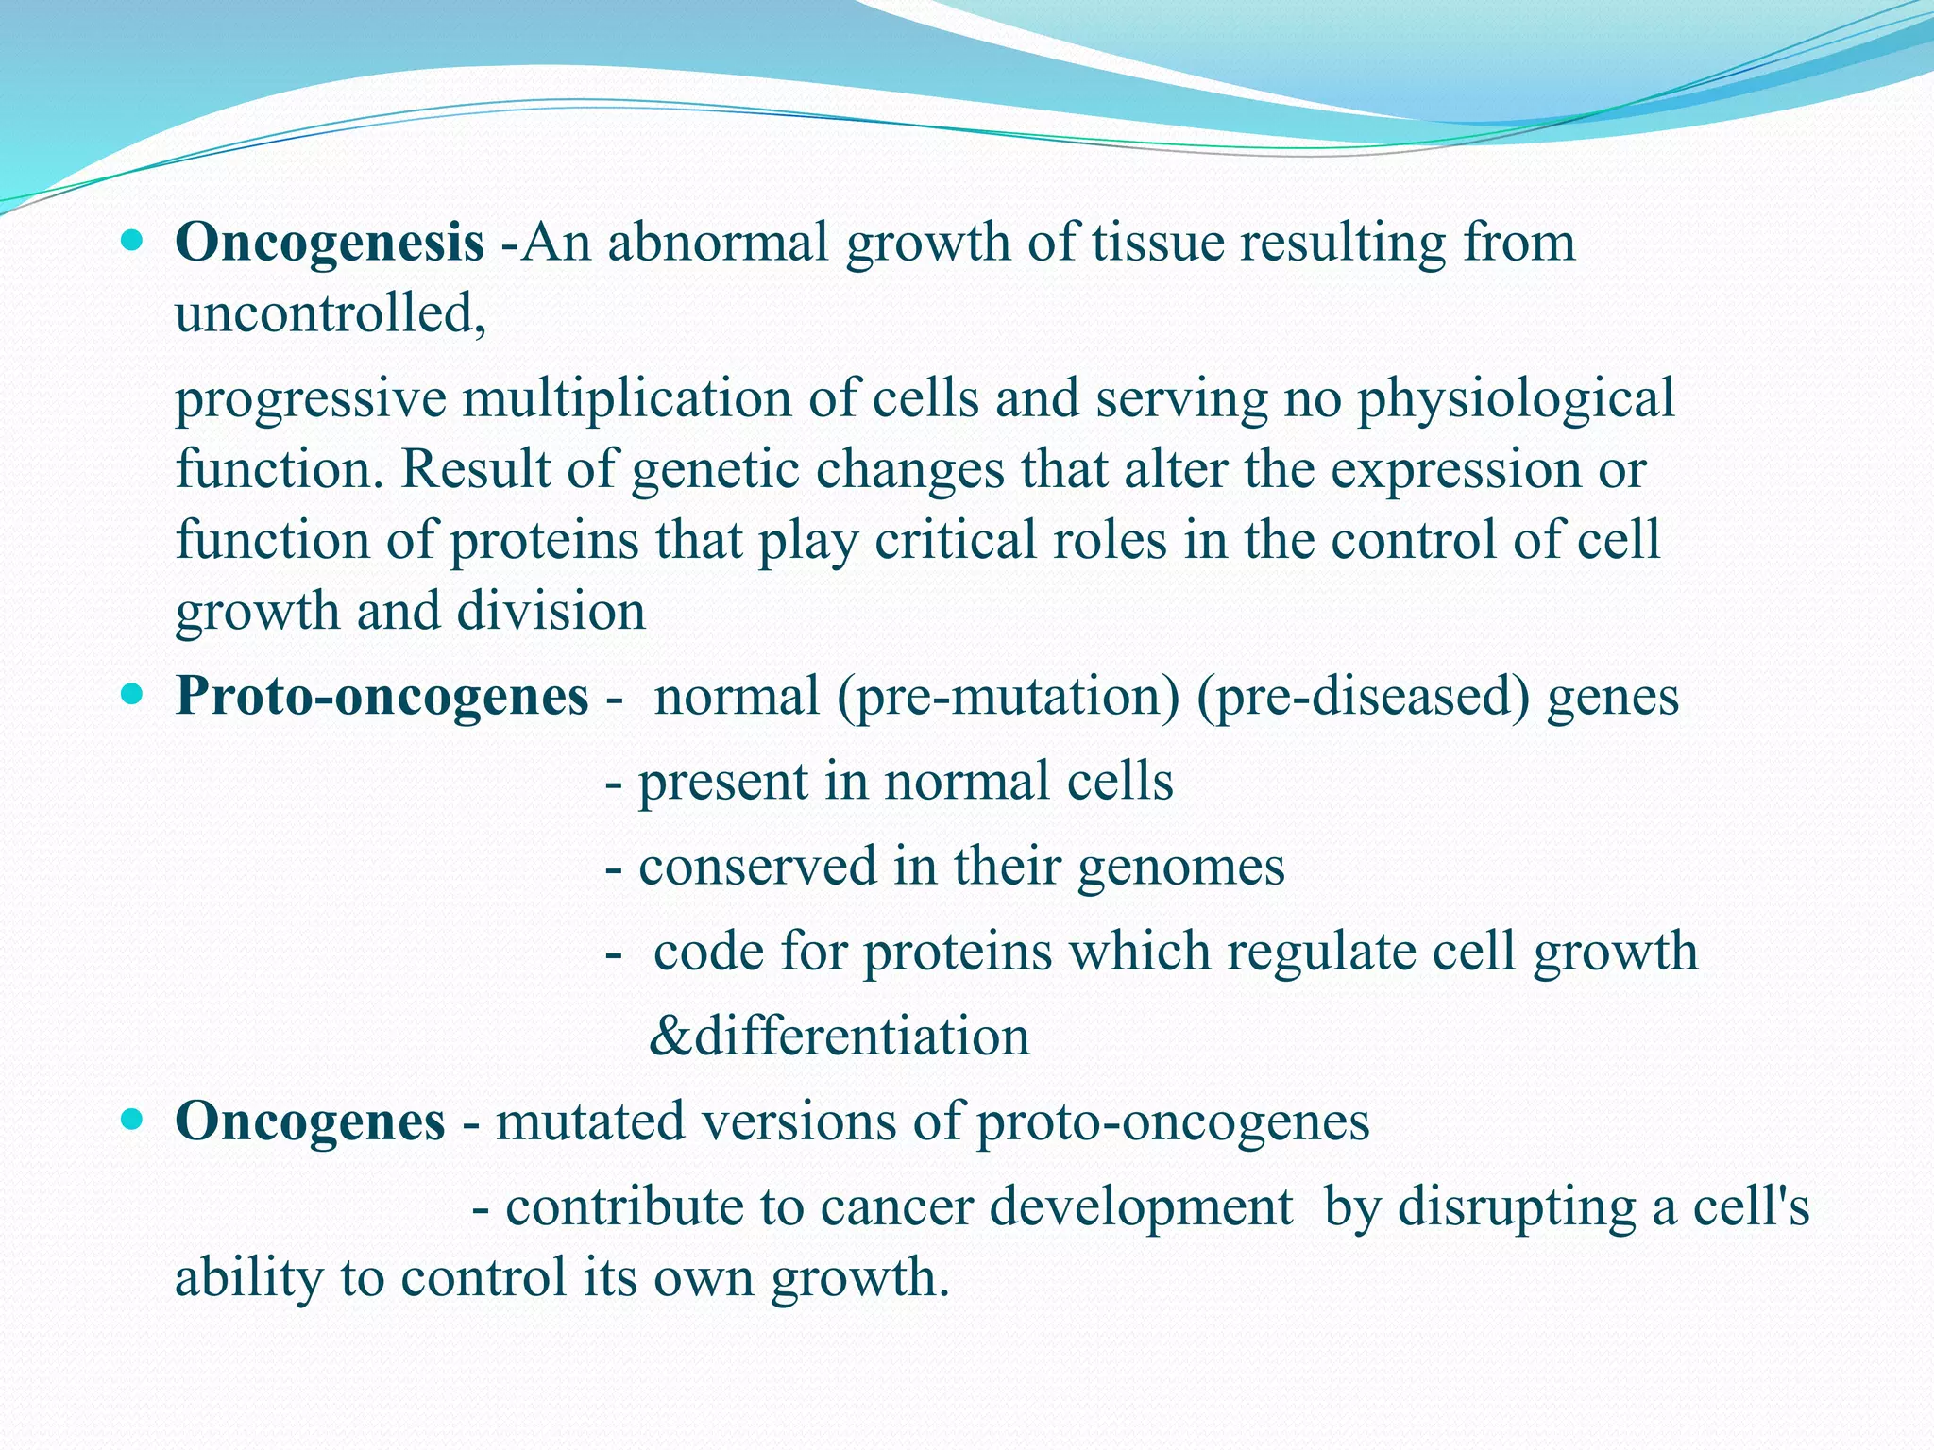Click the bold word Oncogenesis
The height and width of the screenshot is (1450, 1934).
(x=330, y=244)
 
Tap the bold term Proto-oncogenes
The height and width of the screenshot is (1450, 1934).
(x=382, y=697)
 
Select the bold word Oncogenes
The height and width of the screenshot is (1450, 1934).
(x=310, y=1121)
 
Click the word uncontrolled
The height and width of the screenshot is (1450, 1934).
(x=330, y=313)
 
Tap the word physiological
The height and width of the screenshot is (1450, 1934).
(x=1516, y=398)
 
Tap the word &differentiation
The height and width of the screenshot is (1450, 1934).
(x=840, y=1037)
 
